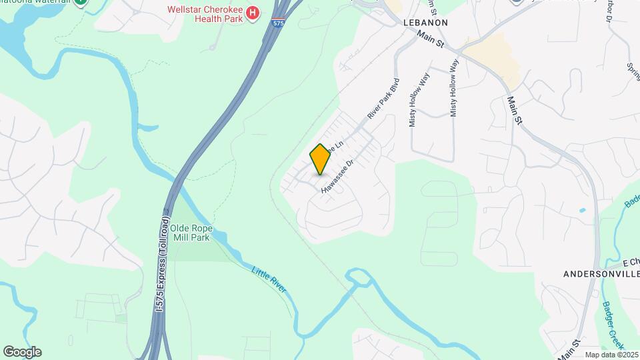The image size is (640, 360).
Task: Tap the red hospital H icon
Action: [x=253, y=13]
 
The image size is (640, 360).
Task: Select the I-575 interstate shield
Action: [x=279, y=23]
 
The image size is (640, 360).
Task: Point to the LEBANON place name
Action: [x=425, y=23]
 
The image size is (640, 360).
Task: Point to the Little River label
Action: [x=269, y=279]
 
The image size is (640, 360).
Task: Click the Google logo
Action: [x=22, y=351]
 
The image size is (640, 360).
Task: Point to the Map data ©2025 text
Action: [x=611, y=355]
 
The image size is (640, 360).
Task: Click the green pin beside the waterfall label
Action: [x=80, y=2]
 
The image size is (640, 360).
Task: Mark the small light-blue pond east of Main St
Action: [x=583, y=210]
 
